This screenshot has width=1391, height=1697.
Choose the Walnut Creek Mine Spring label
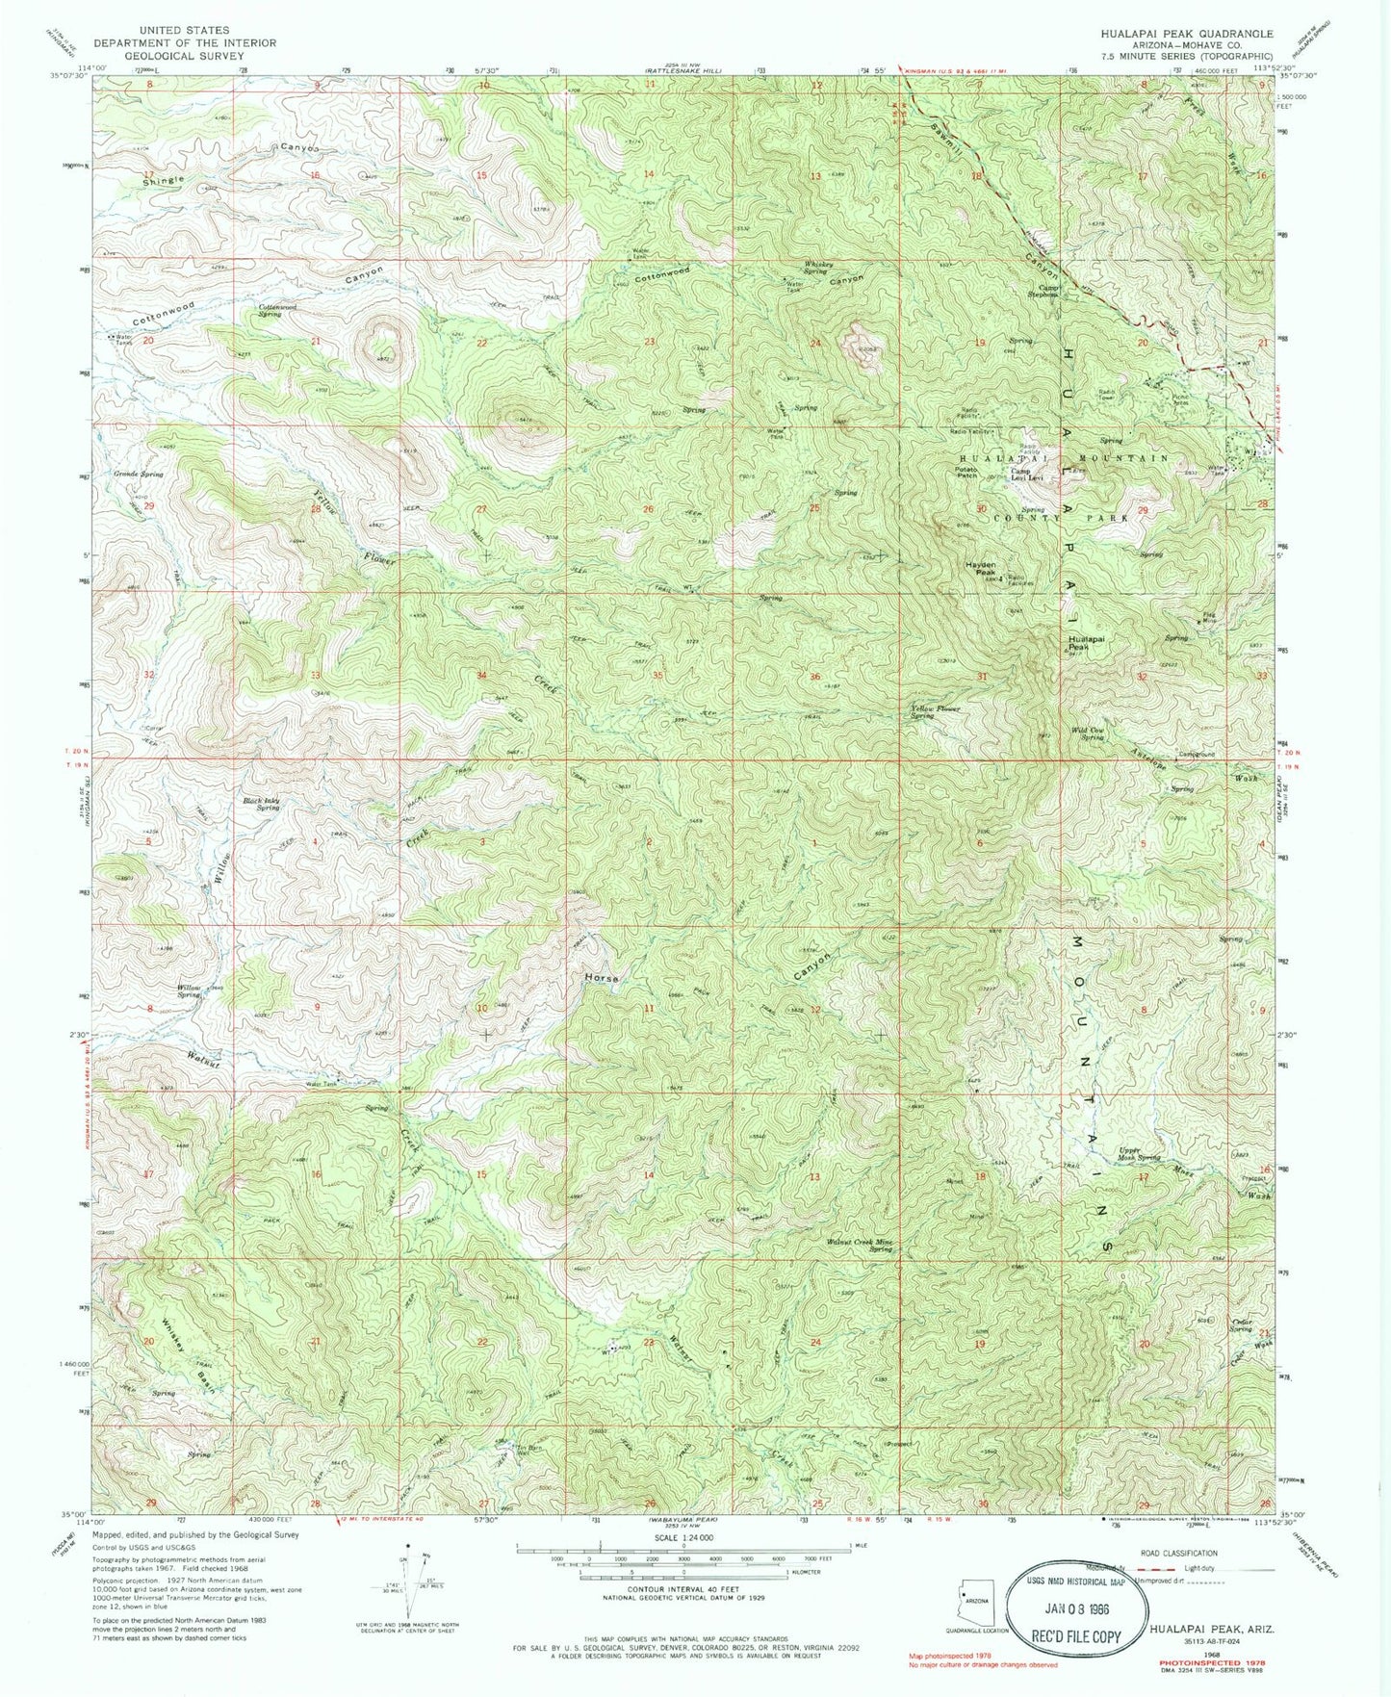click(861, 1246)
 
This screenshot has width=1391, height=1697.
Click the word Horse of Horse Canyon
click(600, 978)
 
